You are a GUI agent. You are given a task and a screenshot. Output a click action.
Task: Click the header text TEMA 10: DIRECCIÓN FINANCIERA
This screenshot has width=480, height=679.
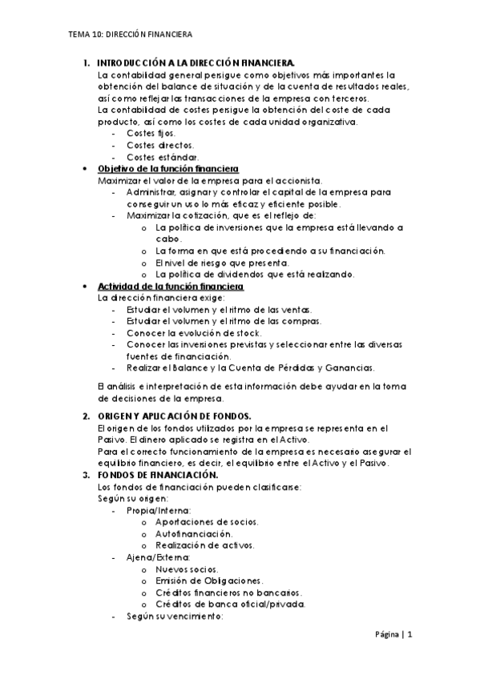(x=130, y=36)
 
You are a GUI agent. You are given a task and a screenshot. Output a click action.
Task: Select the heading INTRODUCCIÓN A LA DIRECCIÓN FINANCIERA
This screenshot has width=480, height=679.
(x=196, y=63)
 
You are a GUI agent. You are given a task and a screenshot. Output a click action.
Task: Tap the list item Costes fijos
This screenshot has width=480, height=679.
(x=151, y=133)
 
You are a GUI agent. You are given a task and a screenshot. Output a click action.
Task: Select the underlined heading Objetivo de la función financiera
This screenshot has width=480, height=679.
(x=167, y=169)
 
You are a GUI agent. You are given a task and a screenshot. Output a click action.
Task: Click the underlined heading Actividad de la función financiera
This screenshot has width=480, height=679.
(x=170, y=287)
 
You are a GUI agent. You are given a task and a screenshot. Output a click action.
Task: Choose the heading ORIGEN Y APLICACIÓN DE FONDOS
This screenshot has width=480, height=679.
(x=174, y=416)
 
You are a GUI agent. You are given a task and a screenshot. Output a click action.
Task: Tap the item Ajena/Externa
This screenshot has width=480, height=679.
(x=158, y=556)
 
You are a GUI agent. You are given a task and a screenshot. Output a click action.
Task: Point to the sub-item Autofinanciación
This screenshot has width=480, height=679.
(x=195, y=533)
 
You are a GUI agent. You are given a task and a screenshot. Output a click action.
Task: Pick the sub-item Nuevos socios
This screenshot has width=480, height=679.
(x=186, y=569)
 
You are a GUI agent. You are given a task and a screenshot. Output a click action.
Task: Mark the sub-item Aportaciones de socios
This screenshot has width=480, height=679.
(x=207, y=522)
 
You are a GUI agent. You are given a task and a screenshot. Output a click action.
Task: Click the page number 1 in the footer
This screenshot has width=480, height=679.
(x=409, y=635)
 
